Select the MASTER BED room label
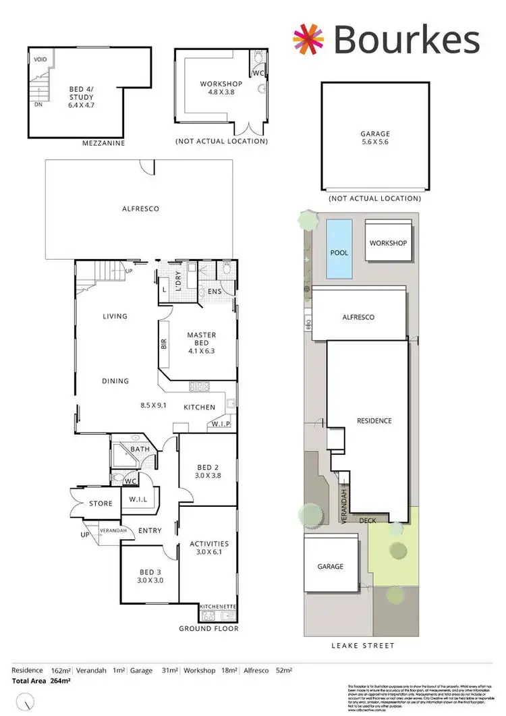[201, 335]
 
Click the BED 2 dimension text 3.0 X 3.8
[208, 475]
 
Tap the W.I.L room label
[138, 500]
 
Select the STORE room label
[101, 504]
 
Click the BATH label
[140, 449]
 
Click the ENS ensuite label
[214, 292]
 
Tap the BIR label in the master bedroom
[164, 343]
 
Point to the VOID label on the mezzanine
[40, 60]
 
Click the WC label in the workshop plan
[258, 72]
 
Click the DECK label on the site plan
[367, 520]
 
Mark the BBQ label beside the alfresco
[307, 320]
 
